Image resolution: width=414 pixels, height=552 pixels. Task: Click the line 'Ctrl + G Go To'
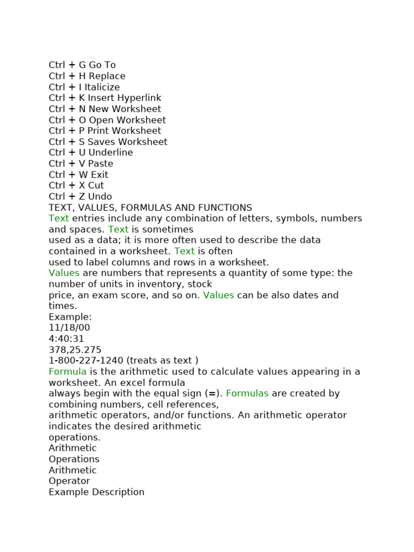click(x=82, y=65)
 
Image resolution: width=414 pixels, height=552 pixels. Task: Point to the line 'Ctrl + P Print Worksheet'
click(x=105, y=131)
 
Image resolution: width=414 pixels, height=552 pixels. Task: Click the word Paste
click(x=101, y=164)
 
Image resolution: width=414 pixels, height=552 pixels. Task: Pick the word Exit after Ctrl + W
click(x=99, y=175)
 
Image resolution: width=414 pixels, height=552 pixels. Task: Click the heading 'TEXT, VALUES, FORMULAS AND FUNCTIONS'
click(x=150, y=208)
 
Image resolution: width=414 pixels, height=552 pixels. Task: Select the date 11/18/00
click(x=69, y=328)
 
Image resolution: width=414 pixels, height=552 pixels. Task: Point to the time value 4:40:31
click(x=66, y=339)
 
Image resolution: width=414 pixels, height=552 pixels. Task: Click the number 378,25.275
click(x=75, y=350)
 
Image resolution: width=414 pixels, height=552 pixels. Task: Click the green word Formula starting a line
click(x=67, y=372)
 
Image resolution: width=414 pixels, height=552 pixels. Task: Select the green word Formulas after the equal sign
click(x=247, y=394)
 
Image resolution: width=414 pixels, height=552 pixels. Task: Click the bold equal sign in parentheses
click(x=212, y=394)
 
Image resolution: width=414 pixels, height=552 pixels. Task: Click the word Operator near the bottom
click(x=69, y=481)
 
